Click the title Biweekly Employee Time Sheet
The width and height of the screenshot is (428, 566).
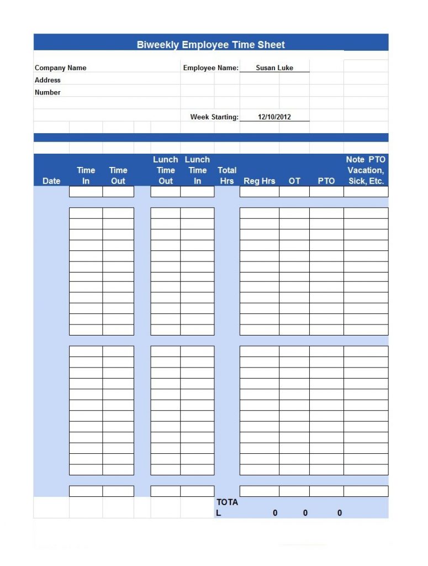pyautogui.click(x=211, y=45)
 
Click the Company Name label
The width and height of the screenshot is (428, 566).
pyautogui.click(x=61, y=68)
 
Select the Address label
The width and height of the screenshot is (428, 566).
pyautogui.click(x=47, y=80)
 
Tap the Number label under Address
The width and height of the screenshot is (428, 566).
pyautogui.click(x=47, y=92)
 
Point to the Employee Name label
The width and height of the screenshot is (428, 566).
pyautogui.click(x=210, y=68)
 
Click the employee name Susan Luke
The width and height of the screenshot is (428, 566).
pyautogui.click(x=274, y=68)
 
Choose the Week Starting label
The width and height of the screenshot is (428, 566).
pyautogui.click(x=214, y=117)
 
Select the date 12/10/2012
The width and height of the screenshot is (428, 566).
pyautogui.click(x=274, y=117)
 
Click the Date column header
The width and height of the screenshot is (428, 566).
pyautogui.click(x=51, y=181)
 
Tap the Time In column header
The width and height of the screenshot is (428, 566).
pyautogui.click(x=86, y=175)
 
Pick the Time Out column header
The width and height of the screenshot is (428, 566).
pyautogui.click(x=118, y=175)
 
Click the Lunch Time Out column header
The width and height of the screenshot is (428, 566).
pyautogui.click(x=166, y=170)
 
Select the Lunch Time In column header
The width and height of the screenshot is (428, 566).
pyautogui.click(x=197, y=170)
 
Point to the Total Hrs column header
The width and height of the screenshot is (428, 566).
pyautogui.click(x=227, y=175)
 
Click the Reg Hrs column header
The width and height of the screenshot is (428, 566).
pyautogui.click(x=259, y=181)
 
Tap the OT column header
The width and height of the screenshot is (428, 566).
pyautogui.click(x=294, y=181)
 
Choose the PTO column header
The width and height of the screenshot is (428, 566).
pyautogui.click(x=326, y=181)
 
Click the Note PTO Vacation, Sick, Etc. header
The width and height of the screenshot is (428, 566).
pyautogui.click(x=366, y=170)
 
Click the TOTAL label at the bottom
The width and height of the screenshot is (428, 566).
pyautogui.click(x=227, y=507)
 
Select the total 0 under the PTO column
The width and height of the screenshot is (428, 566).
pyautogui.click(x=339, y=513)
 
